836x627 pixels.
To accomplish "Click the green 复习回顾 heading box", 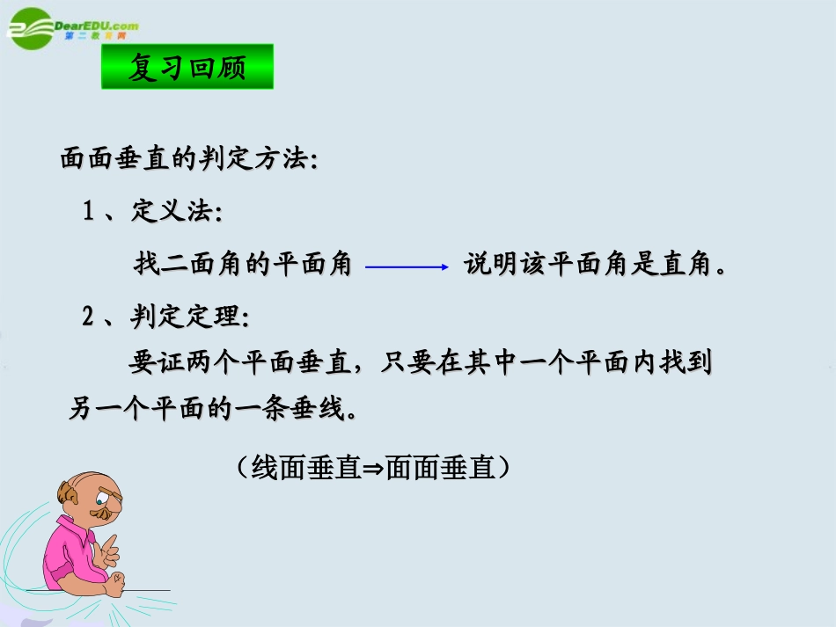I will tap(187, 67).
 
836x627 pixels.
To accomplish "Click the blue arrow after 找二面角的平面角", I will tap(407, 266).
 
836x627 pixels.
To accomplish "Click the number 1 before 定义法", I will tap(88, 212).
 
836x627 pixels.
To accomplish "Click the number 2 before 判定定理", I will tap(88, 317).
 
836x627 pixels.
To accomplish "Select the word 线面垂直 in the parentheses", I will tap(306, 468).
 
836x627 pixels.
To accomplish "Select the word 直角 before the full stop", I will tap(686, 265).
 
